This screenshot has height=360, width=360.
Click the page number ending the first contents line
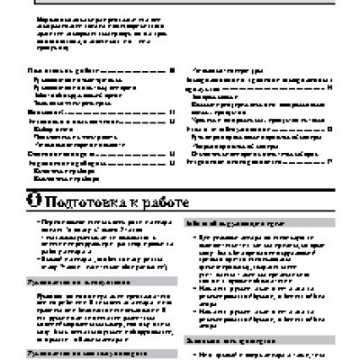(171, 69)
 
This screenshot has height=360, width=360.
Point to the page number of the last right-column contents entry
(330, 160)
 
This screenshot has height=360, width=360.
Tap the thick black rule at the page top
(180, 4)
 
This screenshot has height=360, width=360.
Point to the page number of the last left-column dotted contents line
(171, 162)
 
